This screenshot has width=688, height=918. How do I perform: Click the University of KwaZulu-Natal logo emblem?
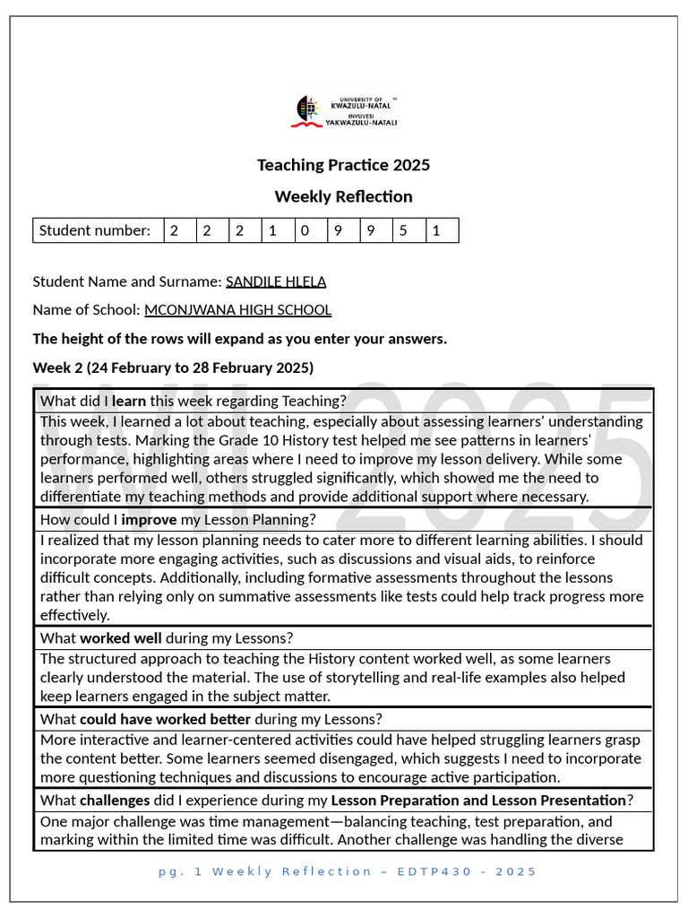point(305,111)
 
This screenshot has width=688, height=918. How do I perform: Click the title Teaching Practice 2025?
point(343,165)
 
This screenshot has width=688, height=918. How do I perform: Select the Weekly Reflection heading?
point(343,196)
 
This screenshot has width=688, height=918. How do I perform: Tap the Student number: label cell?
point(95,230)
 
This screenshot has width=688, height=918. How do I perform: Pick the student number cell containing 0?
point(305,230)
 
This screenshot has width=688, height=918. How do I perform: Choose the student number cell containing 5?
point(403,230)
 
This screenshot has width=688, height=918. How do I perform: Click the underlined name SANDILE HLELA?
point(276,281)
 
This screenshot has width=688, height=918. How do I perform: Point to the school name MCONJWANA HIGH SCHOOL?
point(237,310)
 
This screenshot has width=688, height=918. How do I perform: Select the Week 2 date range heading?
point(173,368)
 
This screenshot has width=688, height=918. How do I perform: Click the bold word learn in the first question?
point(129,401)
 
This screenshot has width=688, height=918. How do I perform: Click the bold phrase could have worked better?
point(165,719)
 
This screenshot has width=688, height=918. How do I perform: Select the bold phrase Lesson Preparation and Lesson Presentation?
point(478,800)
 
